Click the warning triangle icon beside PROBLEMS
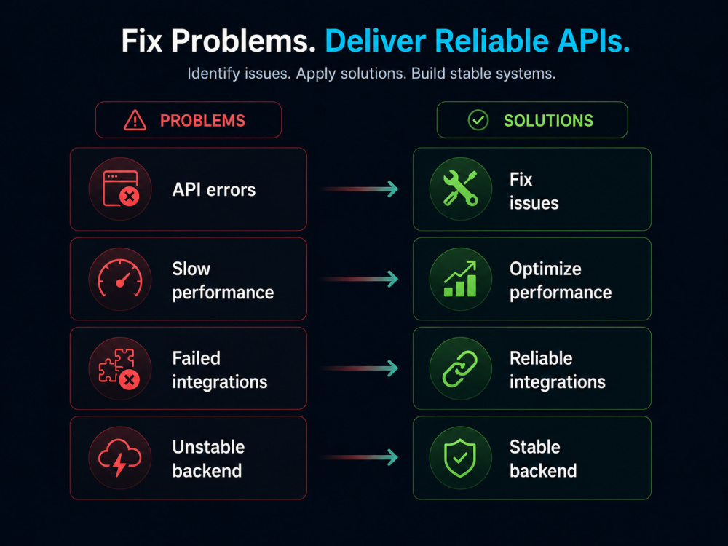(135, 120)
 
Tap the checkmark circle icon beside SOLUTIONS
(478, 120)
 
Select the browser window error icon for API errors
(121, 189)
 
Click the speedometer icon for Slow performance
(120, 279)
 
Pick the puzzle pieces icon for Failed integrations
(119, 368)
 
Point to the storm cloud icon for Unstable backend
(120, 457)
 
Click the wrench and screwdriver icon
(460, 189)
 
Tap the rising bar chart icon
(460, 279)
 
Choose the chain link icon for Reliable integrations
(460, 368)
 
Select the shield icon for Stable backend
(460, 458)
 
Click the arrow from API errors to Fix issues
(360, 189)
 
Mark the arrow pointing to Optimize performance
(360, 279)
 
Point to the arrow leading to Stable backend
(360, 457)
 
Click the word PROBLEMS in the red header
(202, 121)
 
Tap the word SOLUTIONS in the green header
(548, 121)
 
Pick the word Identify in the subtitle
(213, 74)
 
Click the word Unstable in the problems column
(208, 447)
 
